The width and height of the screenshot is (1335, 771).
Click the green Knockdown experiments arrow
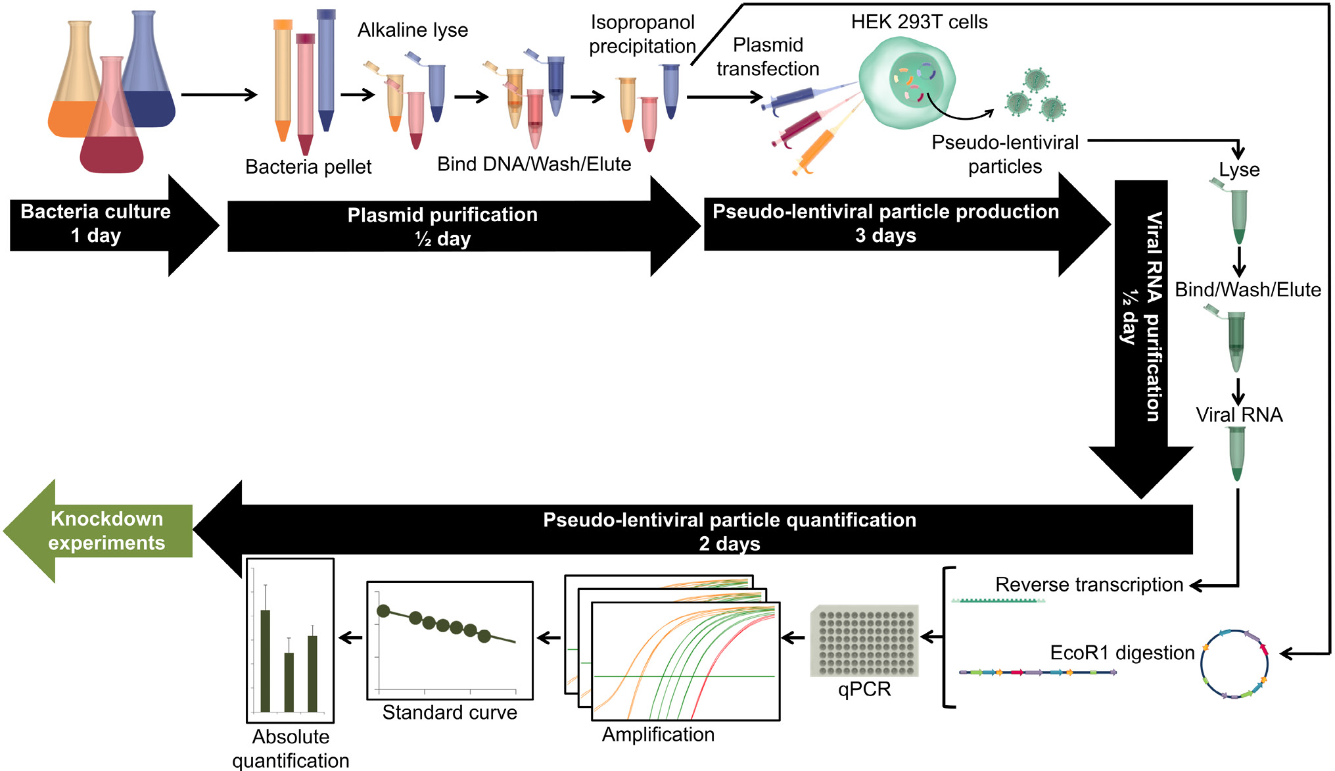(x=99, y=531)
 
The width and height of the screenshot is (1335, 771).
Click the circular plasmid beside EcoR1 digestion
(x=1234, y=664)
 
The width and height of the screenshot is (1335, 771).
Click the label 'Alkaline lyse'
(x=413, y=30)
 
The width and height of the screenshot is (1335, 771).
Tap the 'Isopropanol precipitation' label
(x=642, y=34)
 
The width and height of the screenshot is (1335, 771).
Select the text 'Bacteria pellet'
(x=308, y=167)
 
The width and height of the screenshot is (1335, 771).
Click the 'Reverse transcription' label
(x=1089, y=585)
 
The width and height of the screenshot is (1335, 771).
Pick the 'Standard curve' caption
(x=450, y=712)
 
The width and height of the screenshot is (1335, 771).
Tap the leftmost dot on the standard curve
(x=383, y=610)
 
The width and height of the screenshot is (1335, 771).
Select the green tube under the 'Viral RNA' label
(x=1237, y=454)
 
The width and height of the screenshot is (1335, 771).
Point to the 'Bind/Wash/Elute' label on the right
(x=1248, y=290)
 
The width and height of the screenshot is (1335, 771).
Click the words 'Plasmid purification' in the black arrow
(x=442, y=215)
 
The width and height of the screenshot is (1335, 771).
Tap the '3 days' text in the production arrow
(x=885, y=236)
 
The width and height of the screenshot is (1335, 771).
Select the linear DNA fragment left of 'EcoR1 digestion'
(x=1037, y=672)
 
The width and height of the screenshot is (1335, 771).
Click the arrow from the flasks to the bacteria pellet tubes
(x=219, y=95)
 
